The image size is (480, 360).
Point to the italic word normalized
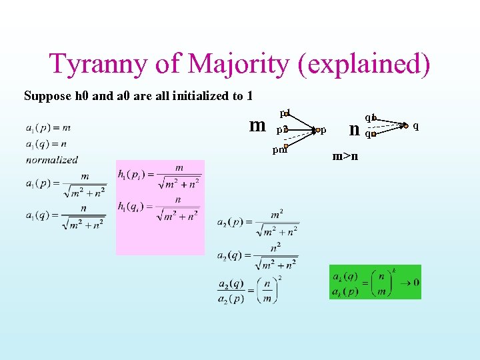click(x=52, y=160)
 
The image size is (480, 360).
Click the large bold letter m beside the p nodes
click(x=257, y=125)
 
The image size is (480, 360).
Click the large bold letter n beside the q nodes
click(x=355, y=128)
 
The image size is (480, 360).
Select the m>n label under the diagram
click(x=345, y=156)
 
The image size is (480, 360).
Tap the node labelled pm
click(x=285, y=147)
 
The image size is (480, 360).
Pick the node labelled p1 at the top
click(x=285, y=113)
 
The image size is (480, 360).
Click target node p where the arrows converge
click(x=319, y=130)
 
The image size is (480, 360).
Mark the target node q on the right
click(x=405, y=125)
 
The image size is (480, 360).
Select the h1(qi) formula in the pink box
click(x=159, y=209)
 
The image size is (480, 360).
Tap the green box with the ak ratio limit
click(x=375, y=282)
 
